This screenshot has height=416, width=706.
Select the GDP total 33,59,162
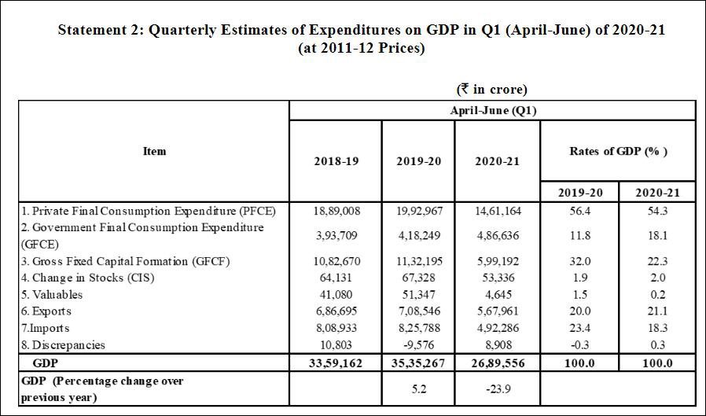[336, 363]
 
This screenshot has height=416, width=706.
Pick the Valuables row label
[53, 294]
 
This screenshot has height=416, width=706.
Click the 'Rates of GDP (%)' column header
[618, 151]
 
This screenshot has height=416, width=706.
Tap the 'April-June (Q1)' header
[492, 110]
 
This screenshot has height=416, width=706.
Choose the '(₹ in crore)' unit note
[492, 90]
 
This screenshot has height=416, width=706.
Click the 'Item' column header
[155, 151]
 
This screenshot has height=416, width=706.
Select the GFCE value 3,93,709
[336, 234]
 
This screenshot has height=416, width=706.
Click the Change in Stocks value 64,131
[336, 277]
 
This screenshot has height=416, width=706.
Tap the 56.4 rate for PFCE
[580, 211]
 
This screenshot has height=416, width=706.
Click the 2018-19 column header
[336, 160]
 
